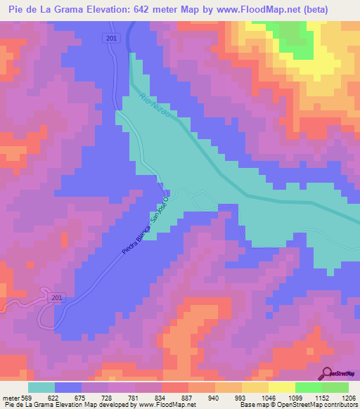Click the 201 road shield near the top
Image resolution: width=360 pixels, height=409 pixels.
(x=112, y=39)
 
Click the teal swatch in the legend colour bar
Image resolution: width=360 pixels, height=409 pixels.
(x=41, y=387)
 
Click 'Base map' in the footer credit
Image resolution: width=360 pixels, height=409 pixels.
(x=251, y=404)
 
